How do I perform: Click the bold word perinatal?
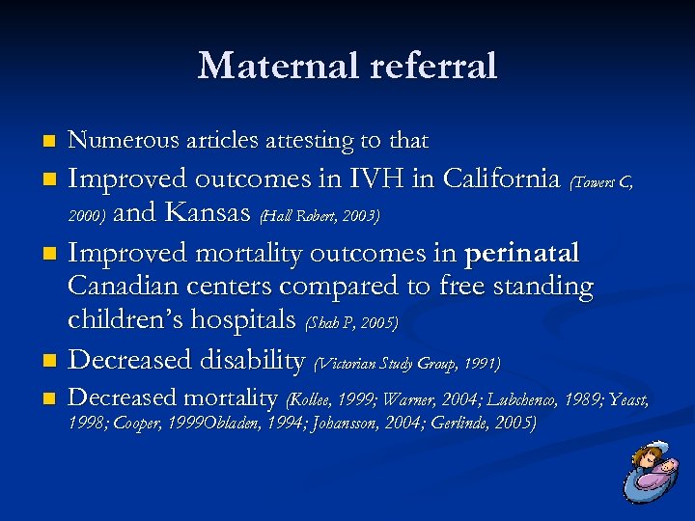(522, 253)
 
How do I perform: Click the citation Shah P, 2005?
(350, 322)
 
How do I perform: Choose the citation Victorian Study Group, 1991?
(407, 363)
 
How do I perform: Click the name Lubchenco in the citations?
(530, 398)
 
